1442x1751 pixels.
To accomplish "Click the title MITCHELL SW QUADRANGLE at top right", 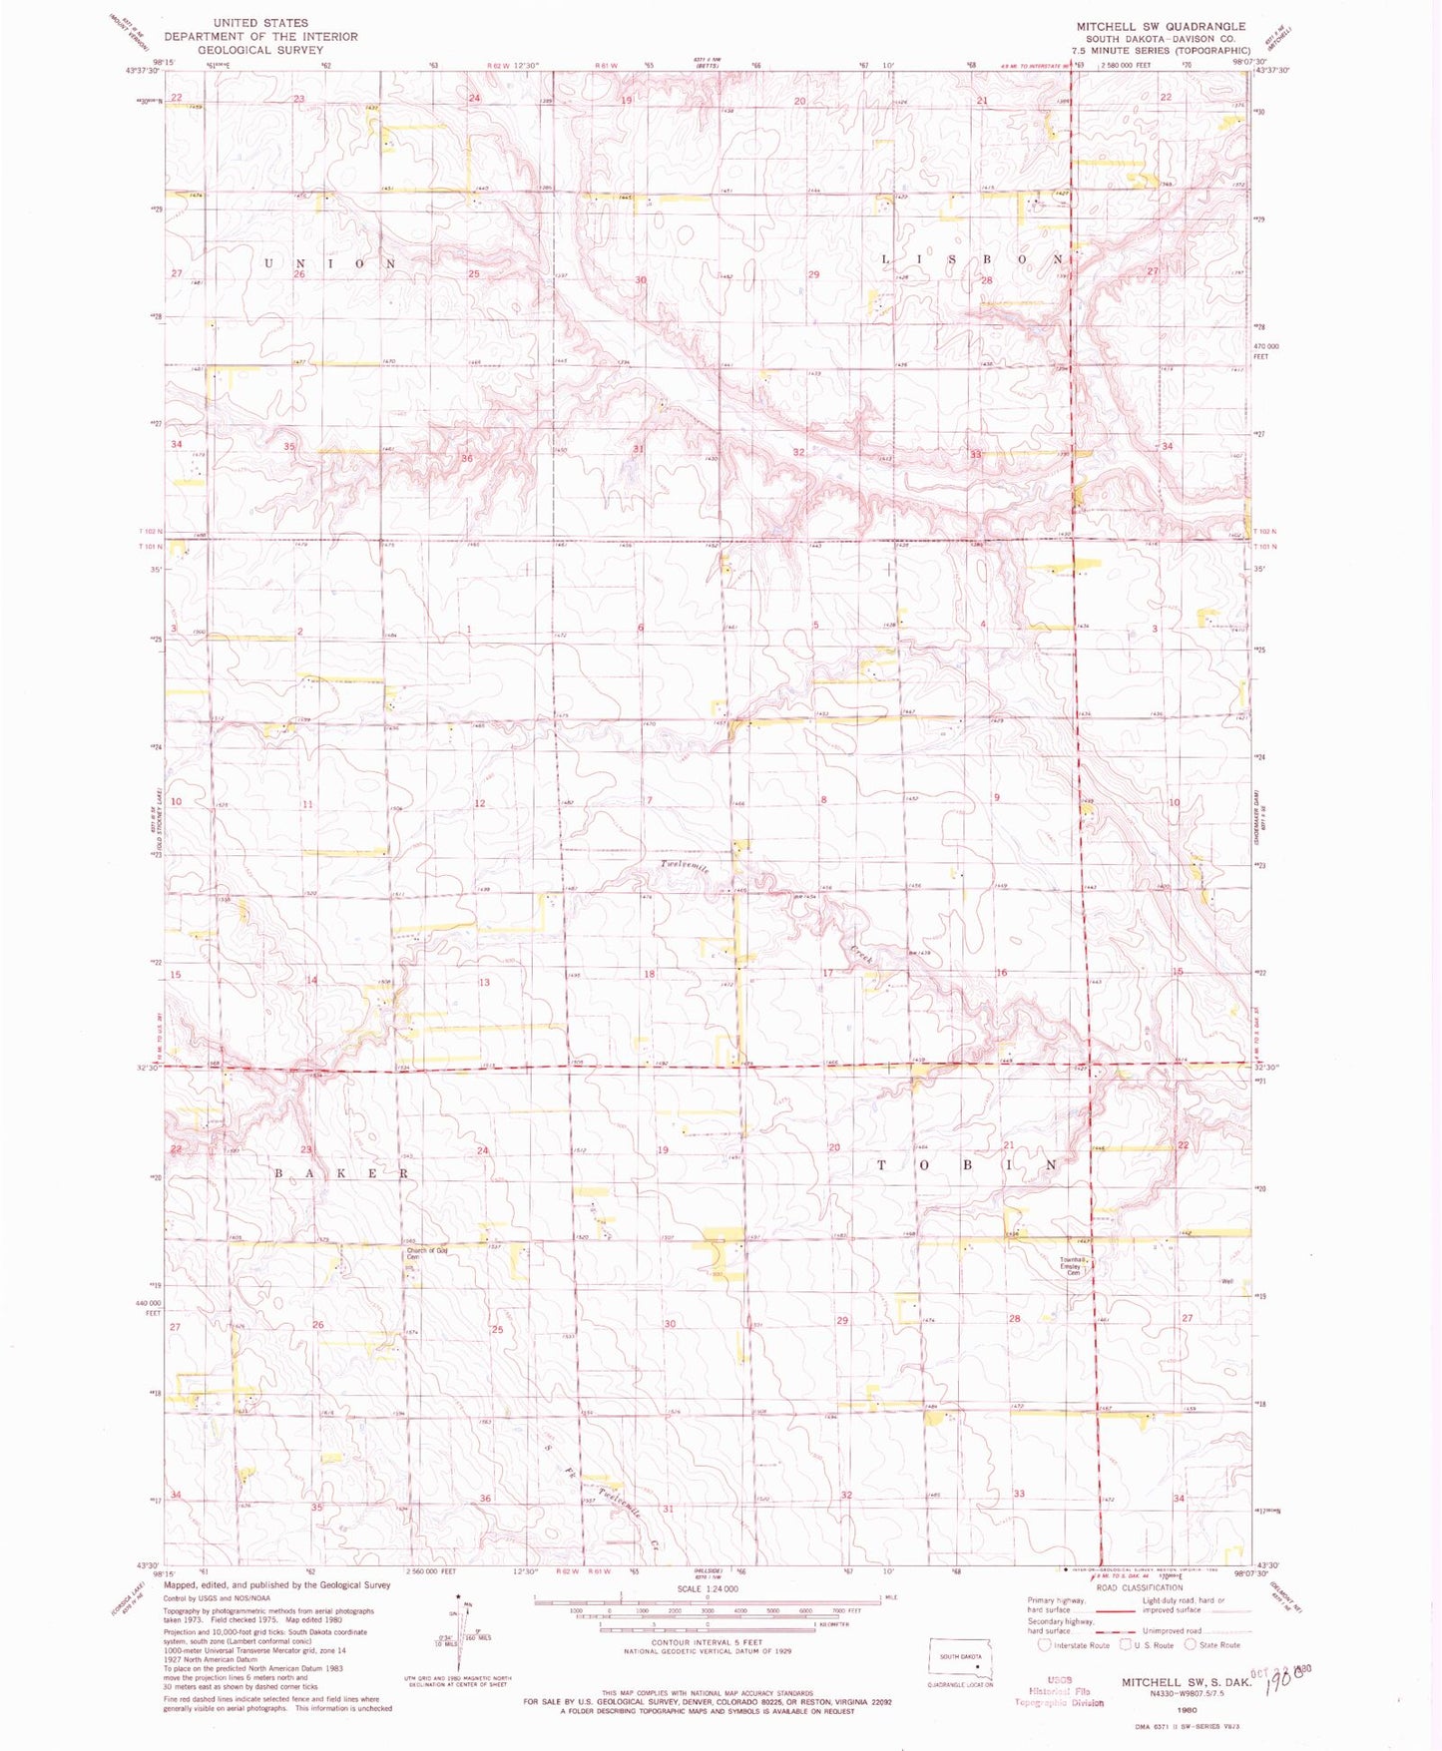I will click(x=1161, y=26).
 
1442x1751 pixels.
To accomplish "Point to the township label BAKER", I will click(x=341, y=1173).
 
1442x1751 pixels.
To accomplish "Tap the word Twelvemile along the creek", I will click(x=685, y=867).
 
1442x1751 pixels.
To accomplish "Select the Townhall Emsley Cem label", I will click(x=1073, y=1266).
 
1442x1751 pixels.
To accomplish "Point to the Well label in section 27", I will click(x=1227, y=1282).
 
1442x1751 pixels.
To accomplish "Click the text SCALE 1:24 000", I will click(x=708, y=1588).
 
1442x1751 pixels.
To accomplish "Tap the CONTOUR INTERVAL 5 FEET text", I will click(x=708, y=1642).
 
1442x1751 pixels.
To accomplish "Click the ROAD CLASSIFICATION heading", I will click(x=1139, y=1587).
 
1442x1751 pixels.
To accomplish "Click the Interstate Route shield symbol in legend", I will click(x=1046, y=1645).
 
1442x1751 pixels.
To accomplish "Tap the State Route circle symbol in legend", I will click(x=1190, y=1645).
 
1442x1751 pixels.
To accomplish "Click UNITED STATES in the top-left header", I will click(x=260, y=22).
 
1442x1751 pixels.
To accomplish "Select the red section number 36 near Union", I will click(x=466, y=459).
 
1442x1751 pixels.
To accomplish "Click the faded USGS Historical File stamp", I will click(x=1059, y=1691).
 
